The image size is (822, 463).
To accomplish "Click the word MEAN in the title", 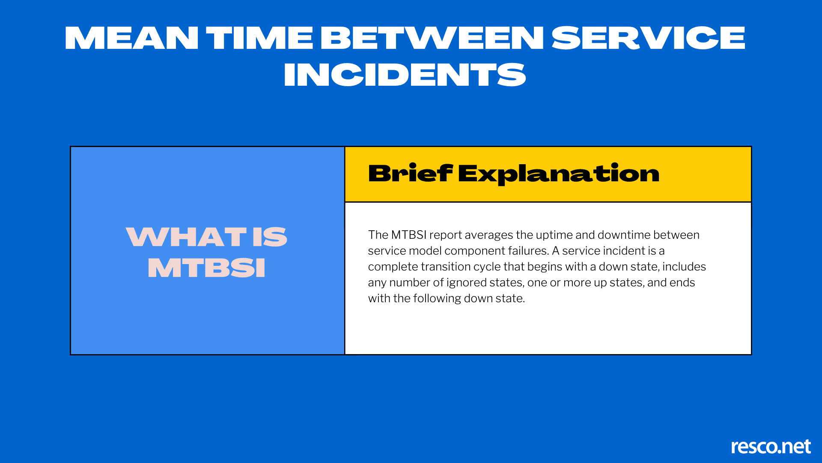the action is click(x=131, y=38).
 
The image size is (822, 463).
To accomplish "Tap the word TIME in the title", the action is click(x=259, y=38).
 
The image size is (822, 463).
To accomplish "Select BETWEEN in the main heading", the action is click(x=432, y=38).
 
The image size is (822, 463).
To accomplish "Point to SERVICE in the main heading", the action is click(x=648, y=38).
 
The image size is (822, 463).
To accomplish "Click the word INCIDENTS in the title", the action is click(x=405, y=75).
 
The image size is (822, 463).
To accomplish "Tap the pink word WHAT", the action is click(x=186, y=237).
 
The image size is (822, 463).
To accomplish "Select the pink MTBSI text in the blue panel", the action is click(x=206, y=268).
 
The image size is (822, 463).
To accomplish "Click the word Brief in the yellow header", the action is click(x=411, y=173).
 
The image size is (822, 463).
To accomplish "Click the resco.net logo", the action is click(x=771, y=446).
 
